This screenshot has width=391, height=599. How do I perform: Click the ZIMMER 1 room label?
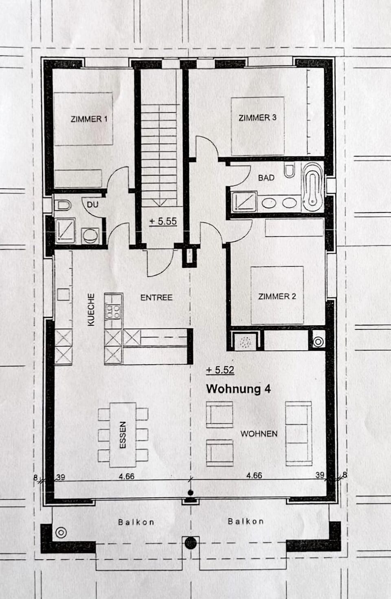click(x=89, y=119)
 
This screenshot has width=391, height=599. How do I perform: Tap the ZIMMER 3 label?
click(x=257, y=117)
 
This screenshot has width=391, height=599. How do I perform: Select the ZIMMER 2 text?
click(x=277, y=296)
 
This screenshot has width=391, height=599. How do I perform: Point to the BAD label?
click(x=266, y=178)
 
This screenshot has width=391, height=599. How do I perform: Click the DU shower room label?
click(x=92, y=204)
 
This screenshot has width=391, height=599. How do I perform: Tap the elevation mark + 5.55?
click(x=163, y=221)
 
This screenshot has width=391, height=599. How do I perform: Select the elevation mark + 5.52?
click(x=220, y=370)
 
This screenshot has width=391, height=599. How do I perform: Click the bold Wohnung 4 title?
click(x=238, y=389)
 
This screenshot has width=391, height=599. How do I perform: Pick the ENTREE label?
click(x=156, y=298)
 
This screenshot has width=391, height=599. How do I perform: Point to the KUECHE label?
click(x=91, y=309)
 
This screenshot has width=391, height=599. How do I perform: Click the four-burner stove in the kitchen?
click(x=113, y=312)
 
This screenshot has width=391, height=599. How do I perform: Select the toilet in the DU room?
click(x=63, y=205)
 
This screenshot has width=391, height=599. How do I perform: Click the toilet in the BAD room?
click(x=290, y=171)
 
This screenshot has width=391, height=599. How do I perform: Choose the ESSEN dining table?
click(x=123, y=435)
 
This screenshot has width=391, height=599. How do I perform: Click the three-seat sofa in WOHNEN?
click(x=298, y=433)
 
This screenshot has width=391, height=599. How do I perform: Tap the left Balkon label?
click(x=136, y=522)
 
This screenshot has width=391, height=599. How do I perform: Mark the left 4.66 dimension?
click(x=126, y=476)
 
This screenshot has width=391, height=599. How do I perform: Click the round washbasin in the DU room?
click(x=90, y=236)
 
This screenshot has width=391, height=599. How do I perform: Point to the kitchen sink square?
click(x=63, y=294)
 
